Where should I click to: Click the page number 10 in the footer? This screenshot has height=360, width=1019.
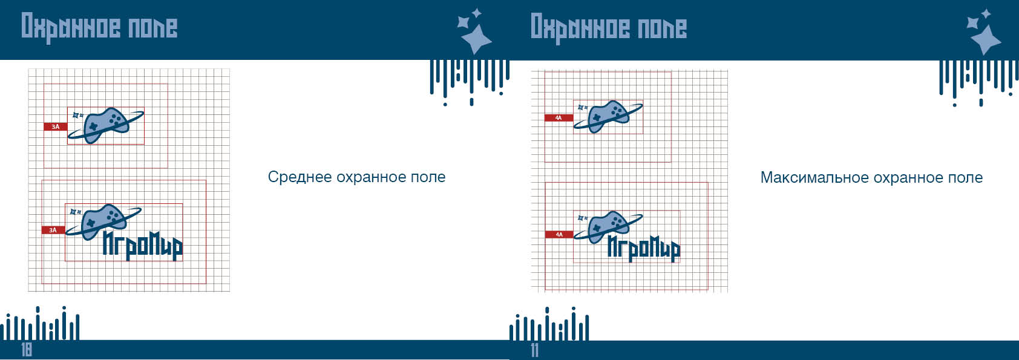pyautogui.click(x=27, y=350)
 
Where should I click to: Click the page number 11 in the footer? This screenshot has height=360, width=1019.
pyautogui.click(x=534, y=350)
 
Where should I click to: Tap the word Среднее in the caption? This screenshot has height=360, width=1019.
pyautogui.click(x=300, y=177)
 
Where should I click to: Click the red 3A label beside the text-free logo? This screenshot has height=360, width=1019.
pyautogui.click(x=56, y=126)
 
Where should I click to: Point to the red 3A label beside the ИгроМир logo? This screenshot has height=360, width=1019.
pyautogui.click(x=53, y=231)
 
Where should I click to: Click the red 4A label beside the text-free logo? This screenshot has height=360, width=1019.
pyautogui.click(x=559, y=118)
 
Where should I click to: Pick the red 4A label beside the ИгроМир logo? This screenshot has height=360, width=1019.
pyautogui.click(x=559, y=234)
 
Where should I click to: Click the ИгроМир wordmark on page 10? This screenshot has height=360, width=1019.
pyautogui.click(x=142, y=246)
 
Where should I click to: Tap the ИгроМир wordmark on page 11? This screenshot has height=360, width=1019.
pyautogui.click(x=644, y=249)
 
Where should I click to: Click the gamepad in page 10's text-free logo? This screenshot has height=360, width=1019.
pyautogui.click(x=105, y=125)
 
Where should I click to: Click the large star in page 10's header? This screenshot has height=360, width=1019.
pyautogui.click(x=476, y=39)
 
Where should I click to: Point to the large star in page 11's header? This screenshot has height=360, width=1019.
pyautogui.click(x=986, y=39)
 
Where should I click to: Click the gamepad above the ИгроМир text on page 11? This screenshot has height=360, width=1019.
pyautogui.click(x=609, y=227)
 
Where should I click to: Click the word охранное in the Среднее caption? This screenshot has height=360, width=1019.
pyautogui.click(x=371, y=177)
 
